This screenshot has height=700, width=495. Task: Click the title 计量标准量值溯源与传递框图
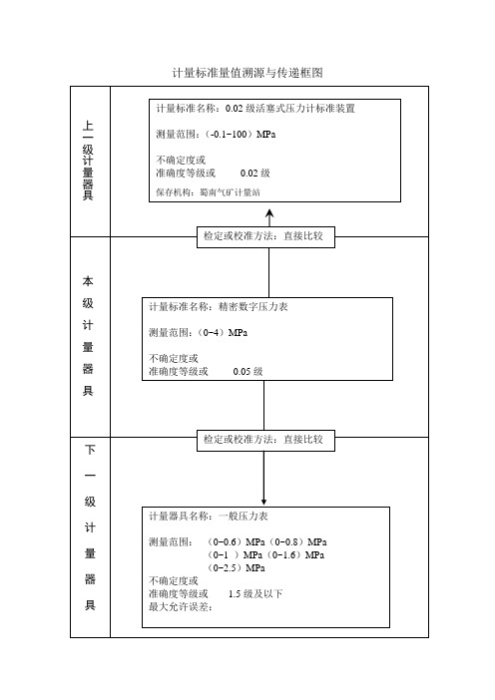247,73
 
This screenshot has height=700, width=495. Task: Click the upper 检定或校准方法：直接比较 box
265,237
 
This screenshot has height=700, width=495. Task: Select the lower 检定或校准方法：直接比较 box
265,441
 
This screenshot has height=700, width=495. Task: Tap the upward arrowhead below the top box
269,213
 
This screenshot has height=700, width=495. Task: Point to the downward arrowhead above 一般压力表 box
263,502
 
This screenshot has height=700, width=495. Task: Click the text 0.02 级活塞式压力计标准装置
290,109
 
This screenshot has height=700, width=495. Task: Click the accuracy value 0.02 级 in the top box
255,174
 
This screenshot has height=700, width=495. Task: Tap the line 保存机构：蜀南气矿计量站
208,192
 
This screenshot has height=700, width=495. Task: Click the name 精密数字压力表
253,307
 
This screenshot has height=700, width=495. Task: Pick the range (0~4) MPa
222,333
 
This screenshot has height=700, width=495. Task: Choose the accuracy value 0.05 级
247,371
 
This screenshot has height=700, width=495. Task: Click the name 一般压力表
244,517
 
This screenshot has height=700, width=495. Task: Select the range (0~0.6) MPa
236,542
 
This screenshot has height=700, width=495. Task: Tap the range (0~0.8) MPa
297,542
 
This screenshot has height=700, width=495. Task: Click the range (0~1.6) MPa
294,554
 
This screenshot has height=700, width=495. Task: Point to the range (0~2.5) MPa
236,567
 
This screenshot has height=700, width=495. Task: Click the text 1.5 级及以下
255,593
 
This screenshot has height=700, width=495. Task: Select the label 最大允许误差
180,606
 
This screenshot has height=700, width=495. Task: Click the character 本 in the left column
88,282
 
